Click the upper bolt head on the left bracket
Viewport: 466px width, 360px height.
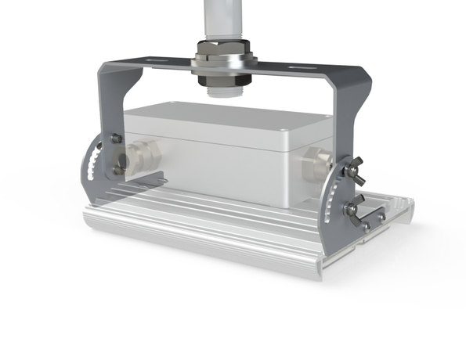(117, 139)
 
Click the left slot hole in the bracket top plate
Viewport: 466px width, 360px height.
(156, 59)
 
